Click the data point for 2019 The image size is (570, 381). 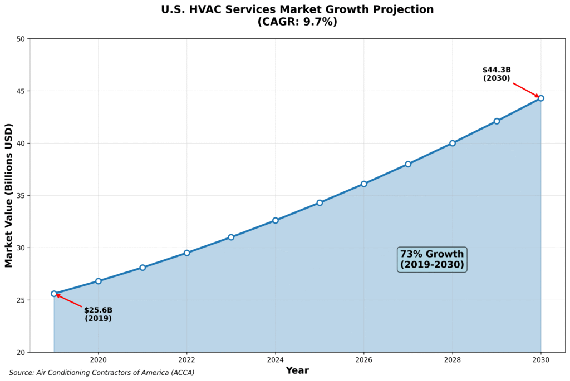pyautogui.click(x=54, y=294)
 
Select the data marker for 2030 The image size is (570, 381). pyautogui.click(x=540, y=98)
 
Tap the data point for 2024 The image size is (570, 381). pyautogui.click(x=275, y=220)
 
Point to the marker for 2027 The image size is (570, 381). pyautogui.click(x=408, y=164)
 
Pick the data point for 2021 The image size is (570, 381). pyautogui.click(x=142, y=268)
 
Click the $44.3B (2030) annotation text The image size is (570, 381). pyautogui.click(x=497, y=74)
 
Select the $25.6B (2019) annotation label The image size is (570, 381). pyautogui.click(x=98, y=314)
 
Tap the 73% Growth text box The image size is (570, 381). pyautogui.click(x=432, y=259)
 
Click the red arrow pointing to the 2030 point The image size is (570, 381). pyautogui.click(x=525, y=90)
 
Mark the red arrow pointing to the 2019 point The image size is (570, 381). pyautogui.click(x=69, y=301)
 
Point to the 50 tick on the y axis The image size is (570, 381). pyautogui.click(x=21, y=39)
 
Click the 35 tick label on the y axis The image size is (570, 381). pyautogui.click(x=21, y=196)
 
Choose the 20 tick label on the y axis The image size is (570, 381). pyautogui.click(x=21, y=353)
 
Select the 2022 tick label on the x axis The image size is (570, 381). pyautogui.click(x=186, y=360)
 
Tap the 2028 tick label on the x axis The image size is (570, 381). pyautogui.click(x=452, y=360)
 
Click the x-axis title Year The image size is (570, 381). pyautogui.click(x=297, y=370)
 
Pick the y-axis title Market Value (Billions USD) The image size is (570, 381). pyautogui.click(x=9, y=195)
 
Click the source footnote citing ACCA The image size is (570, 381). pyautogui.click(x=102, y=373)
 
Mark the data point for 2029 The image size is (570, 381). pyautogui.click(x=497, y=121)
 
